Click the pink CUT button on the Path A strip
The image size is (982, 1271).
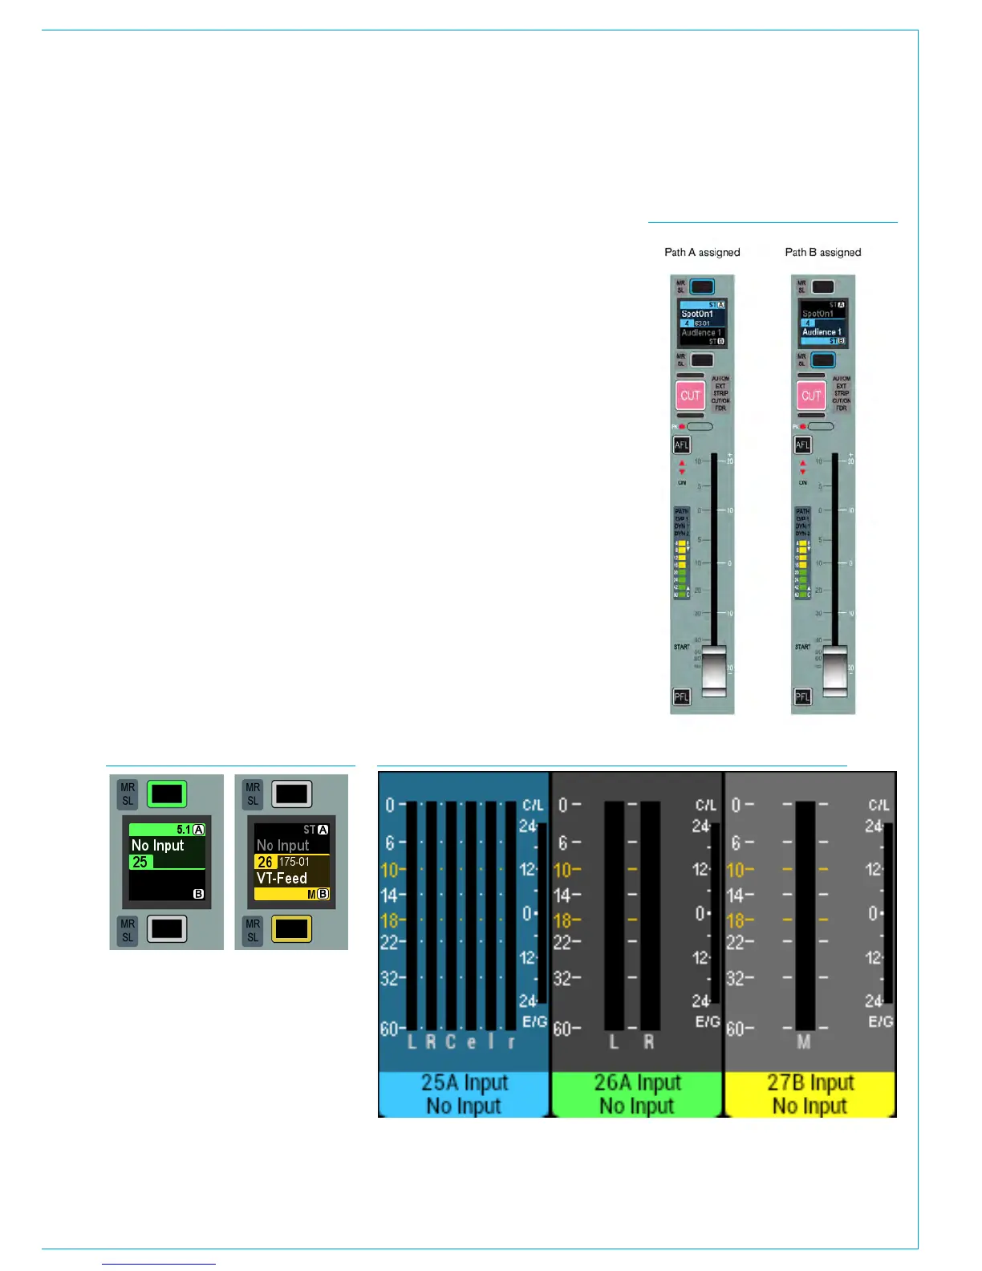(x=690, y=396)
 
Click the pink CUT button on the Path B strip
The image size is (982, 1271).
(x=811, y=396)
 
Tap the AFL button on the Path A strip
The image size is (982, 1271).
(x=681, y=445)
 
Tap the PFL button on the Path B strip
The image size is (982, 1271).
(x=802, y=696)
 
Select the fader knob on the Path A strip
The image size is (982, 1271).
(x=713, y=671)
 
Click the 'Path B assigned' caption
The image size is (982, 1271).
(x=822, y=252)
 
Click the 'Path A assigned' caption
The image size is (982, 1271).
(x=702, y=252)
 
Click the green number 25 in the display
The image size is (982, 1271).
(x=140, y=862)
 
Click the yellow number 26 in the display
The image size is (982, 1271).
(x=265, y=862)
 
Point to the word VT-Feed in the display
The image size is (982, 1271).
(x=282, y=878)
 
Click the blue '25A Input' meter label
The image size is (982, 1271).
(x=465, y=1083)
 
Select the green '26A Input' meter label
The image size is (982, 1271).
(x=637, y=1083)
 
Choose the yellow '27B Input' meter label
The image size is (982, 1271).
(x=810, y=1083)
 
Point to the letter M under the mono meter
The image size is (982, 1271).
(x=804, y=1042)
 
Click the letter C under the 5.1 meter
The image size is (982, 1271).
(x=451, y=1042)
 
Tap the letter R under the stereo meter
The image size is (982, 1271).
(x=649, y=1042)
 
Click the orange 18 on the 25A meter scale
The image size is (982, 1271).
(x=389, y=920)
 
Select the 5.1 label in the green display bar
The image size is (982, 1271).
(x=184, y=830)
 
